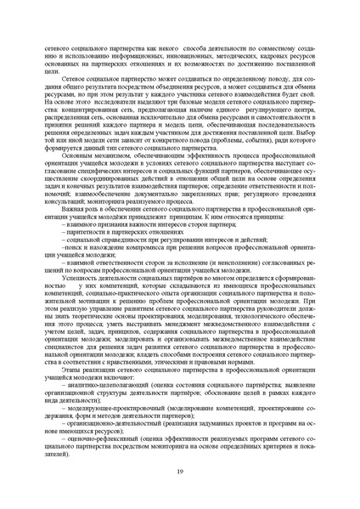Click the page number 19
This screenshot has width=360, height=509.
pos(180,472)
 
